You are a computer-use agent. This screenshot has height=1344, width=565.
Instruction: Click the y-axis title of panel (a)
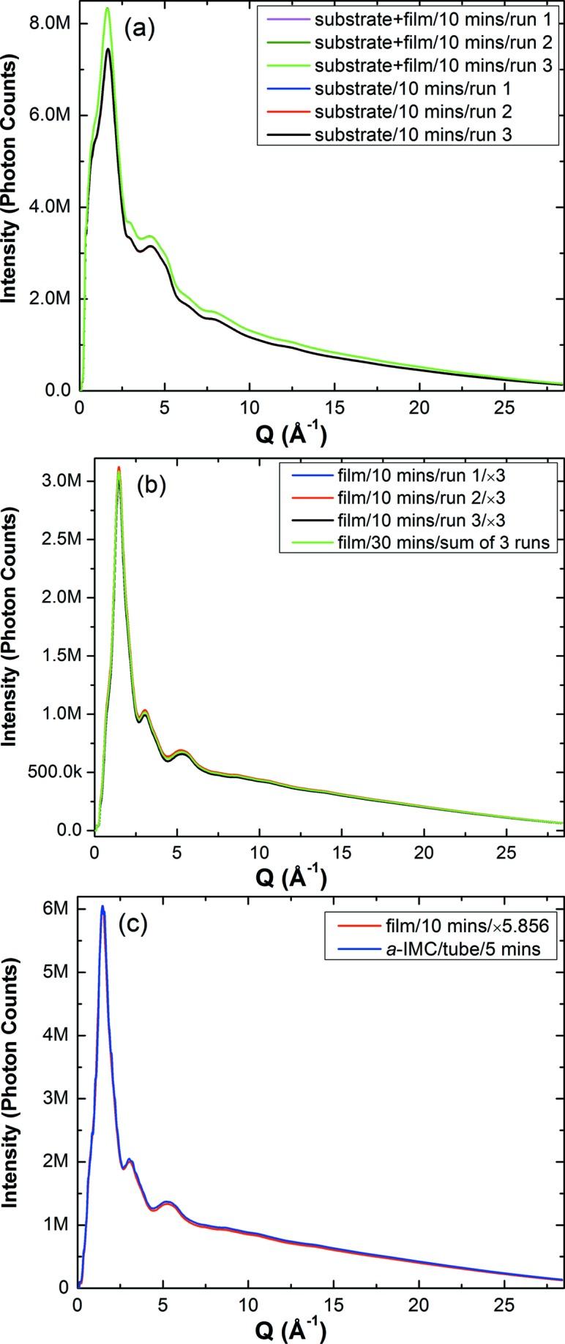(x=11, y=207)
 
